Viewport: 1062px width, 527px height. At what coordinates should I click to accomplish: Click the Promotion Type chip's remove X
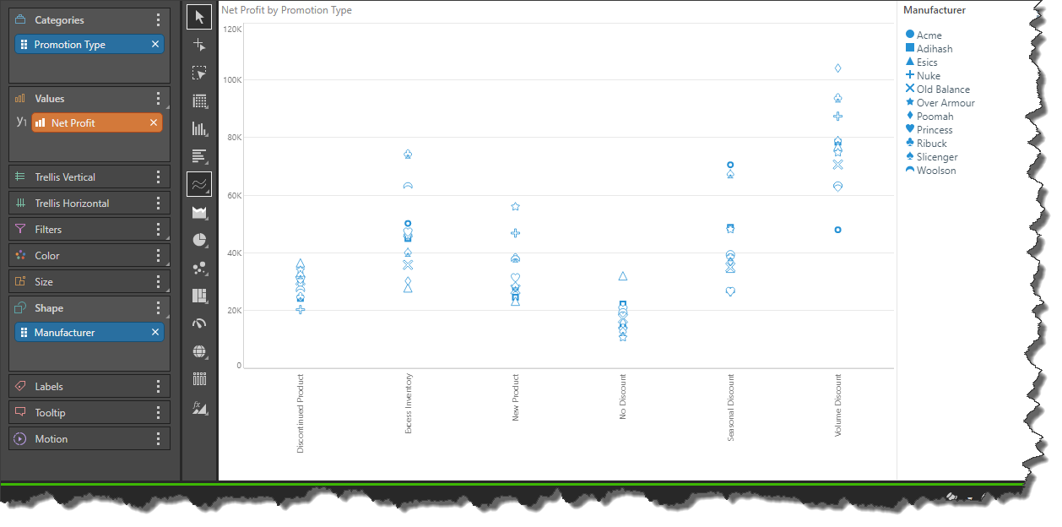coord(155,45)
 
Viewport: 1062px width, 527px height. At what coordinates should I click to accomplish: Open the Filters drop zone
coord(84,230)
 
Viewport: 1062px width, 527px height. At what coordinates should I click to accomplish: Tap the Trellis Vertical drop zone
coord(84,177)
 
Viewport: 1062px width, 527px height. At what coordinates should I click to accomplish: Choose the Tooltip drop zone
coord(84,413)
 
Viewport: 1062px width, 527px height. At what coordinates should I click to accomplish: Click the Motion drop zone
coord(84,439)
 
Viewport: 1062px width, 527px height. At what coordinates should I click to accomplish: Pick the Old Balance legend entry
coord(942,90)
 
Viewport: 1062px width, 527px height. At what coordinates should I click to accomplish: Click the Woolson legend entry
coord(935,171)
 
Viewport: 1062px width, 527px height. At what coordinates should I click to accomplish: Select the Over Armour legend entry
coord(945,103)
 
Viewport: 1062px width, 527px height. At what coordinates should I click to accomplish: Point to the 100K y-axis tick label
coord(232,80)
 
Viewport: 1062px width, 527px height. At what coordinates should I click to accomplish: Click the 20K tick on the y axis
coord(234,311)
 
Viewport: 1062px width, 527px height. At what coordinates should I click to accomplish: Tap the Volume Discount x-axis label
coord(838,405)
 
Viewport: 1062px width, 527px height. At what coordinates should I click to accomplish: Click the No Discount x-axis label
coord(623,397)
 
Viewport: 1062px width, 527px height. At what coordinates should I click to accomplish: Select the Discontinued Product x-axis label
coord(301,414)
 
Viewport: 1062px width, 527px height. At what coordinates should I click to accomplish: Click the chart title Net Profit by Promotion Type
coord(286,11)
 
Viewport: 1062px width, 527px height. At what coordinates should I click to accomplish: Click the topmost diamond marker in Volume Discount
coord(838,68)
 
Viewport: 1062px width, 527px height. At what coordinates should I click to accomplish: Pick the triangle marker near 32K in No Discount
coord(623,276)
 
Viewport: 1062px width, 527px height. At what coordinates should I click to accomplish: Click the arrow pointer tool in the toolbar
coord(199,16)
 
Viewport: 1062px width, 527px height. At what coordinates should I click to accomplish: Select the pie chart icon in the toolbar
coord(199,240)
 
